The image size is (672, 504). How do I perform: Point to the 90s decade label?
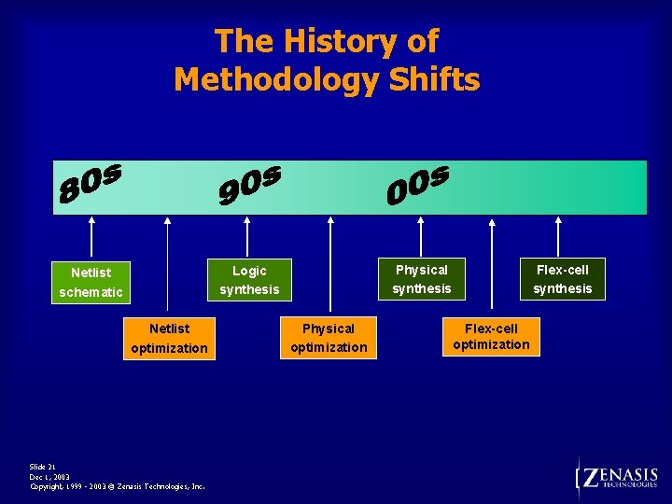click(x=248, y=184)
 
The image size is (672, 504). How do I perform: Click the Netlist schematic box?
click(x=91, y=282)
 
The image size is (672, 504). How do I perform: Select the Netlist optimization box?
click(x=169, y=338)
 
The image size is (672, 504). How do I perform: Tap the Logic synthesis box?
click(x=249, y=280)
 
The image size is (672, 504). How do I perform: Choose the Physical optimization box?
click(x=329, y=338)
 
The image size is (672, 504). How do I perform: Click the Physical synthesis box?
click(x=421, y=279)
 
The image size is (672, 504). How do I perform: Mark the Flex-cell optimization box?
click(x=491, y=337)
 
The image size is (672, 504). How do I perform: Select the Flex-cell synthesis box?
click(x=562, y=279)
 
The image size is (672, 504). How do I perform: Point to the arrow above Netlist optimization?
click(x=168, y=266)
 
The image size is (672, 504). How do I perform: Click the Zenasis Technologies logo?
click(x=618, y=477)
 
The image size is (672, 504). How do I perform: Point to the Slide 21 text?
click(x=43, y=467)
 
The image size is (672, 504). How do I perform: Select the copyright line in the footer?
click(x=118, y=486)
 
